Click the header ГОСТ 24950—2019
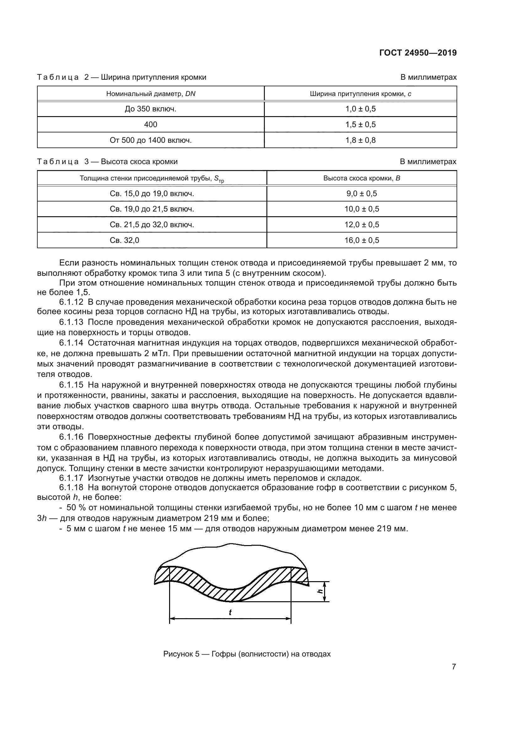418,53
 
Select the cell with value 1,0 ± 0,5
361,109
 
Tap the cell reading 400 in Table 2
151,124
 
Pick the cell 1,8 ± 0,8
361,140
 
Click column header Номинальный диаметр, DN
151,94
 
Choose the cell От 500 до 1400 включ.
151,140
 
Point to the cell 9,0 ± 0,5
362,193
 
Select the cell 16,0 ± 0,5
362,240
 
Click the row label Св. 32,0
125,240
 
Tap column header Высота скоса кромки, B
362,178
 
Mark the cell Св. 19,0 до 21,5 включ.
152,209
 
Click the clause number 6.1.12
71,302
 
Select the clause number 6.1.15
71,385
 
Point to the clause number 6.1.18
71,488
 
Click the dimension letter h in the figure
319,591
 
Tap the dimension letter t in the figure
230,613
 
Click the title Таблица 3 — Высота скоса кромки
107,162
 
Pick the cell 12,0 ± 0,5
362,225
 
